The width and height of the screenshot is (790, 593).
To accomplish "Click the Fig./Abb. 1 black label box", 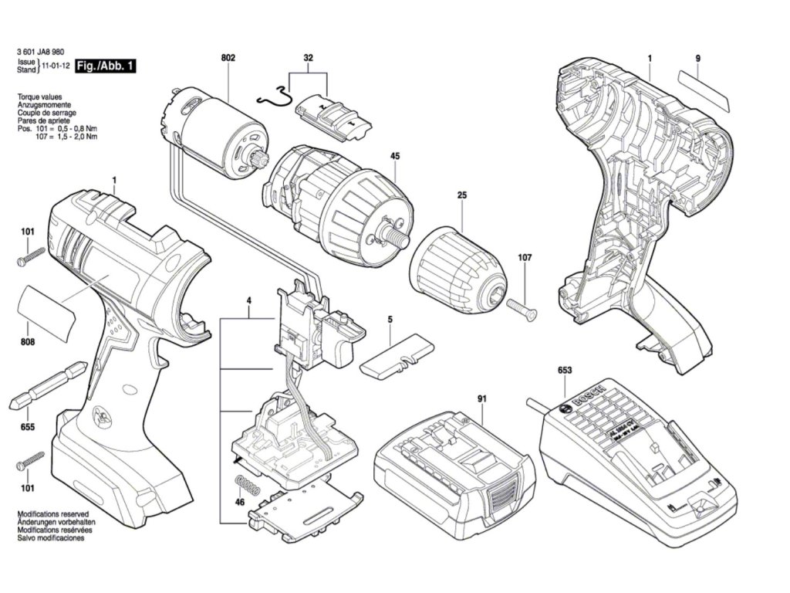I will point(105,67).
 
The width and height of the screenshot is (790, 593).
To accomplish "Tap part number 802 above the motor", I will point(228,58).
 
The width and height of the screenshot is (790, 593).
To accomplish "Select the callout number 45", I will point(395,156).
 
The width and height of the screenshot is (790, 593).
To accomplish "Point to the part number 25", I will point(461,196).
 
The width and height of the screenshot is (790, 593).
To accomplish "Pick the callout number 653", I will point(565,371).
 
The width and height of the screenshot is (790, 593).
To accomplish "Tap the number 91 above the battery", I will point(481,398).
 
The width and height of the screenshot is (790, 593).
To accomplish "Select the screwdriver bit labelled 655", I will point(46,384).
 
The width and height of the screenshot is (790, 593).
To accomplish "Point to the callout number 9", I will point(697,59).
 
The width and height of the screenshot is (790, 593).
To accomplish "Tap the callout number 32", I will point(309,58).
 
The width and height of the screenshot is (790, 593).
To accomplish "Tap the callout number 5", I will point(390,319).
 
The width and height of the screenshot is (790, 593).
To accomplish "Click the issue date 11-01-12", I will point(55,67).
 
